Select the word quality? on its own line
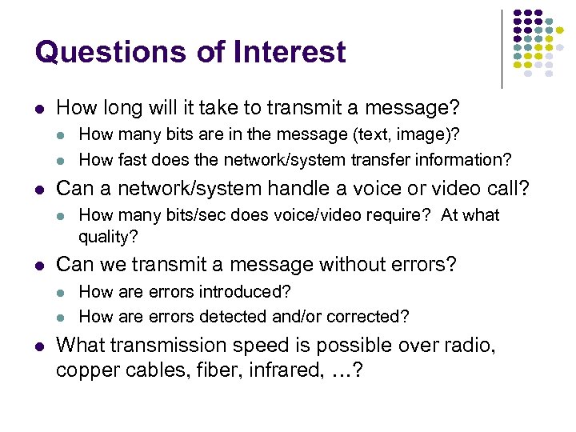[108, 237]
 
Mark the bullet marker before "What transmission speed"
[39, 346]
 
